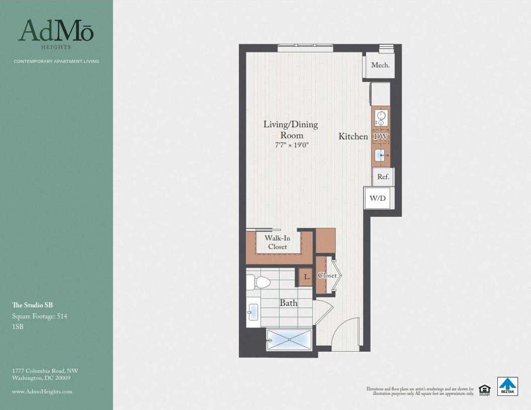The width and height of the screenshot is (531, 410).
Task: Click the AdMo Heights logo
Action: (x=56, y=34)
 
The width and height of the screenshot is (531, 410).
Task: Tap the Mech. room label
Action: (x=380, y=65)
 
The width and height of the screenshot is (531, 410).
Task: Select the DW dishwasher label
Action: (x=381, y=136)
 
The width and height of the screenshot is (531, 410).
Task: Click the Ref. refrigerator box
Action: (x=383, y=177)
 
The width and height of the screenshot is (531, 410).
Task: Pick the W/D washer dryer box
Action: (x=378, y=198)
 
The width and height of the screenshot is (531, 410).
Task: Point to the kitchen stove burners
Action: (x=381, y=118)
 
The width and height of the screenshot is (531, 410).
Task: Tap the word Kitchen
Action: (x=353, y=136)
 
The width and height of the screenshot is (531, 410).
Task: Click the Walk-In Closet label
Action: (x=278, y=242)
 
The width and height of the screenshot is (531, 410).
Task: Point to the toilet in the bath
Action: (x=258, y=282)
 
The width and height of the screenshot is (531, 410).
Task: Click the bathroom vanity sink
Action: (x=253, y=312)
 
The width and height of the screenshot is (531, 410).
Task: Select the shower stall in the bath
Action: (x=289, y=340)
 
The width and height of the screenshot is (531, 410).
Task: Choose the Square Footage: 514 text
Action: (x=40, y=316)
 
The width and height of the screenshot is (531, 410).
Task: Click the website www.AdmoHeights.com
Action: (x=42, y=391)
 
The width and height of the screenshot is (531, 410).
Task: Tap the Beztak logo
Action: (x=507, y=386)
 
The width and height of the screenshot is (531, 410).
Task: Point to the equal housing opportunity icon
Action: (x=484, y=390)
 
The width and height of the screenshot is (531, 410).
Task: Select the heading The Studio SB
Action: (x=32, y=305)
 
